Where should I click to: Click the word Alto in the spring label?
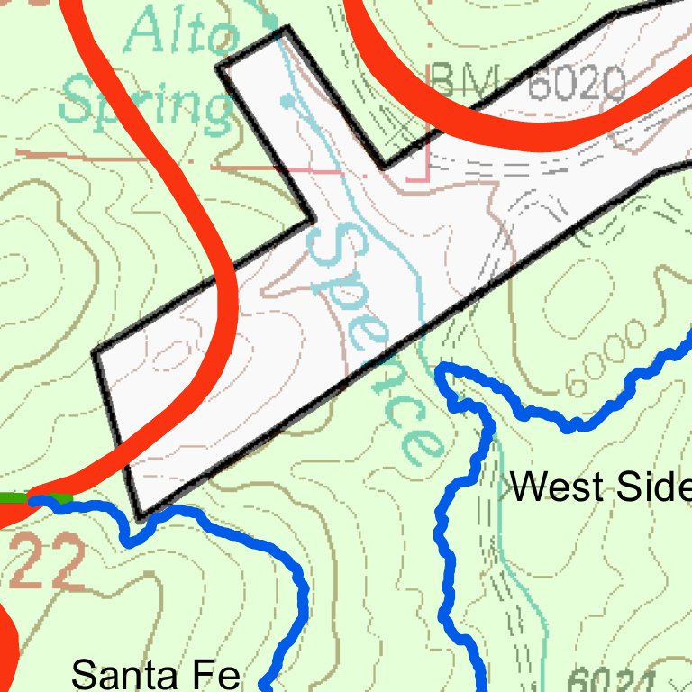pyautogui.click(x=181, y=35)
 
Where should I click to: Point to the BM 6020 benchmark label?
pyautogui.click(x=527, y=84)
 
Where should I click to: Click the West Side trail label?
pyautogui.click(x=600, y=487)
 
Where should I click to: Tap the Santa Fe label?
pyautogui.click(x=155, y=674)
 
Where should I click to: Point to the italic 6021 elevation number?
pyautogui.click(x=613, y=680)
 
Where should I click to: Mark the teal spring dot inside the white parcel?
pyautogui.click(x=287, y=102)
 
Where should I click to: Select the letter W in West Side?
pyautogui.click(x=531, y=487)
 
